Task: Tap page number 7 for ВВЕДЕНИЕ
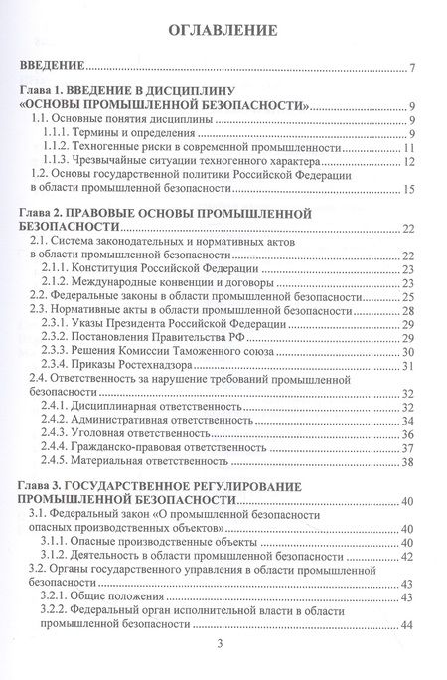point(411,70)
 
